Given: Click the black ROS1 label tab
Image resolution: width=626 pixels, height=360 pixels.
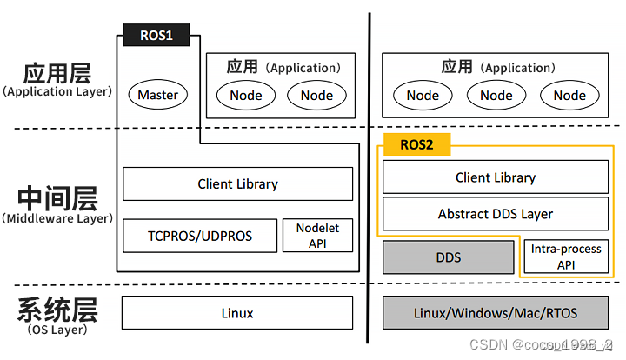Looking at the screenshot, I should click(x=158, y=36).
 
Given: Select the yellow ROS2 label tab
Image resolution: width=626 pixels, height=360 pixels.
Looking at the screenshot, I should click(x=416, y=144).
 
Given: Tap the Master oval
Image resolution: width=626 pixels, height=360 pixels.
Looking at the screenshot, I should click(x=158, y=95).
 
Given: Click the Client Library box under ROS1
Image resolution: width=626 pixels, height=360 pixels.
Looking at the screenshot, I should click(x=237, y=184).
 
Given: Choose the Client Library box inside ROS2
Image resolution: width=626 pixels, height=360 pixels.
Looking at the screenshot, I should click(x=496, y=177).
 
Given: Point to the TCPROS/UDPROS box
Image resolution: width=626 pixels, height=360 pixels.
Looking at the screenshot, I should click(x=199, y=236).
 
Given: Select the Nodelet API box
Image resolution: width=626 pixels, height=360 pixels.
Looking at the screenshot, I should click(x=317, y=236).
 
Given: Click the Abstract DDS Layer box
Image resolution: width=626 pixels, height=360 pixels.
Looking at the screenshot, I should click(x=496, y=214).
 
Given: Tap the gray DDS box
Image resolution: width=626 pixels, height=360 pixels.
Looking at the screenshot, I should click(x=448, y=257).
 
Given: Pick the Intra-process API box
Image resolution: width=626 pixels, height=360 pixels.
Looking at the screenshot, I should click(x=566, y=257).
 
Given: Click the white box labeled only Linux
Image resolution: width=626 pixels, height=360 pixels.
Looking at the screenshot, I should click(x=237, y=313).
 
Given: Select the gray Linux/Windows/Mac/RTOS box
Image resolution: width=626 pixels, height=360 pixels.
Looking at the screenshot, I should click(x=496, y=313).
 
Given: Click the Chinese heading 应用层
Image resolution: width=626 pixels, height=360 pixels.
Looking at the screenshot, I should click(x=57, y=72).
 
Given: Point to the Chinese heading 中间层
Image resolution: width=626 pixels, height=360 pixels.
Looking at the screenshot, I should click(x=57, y=197).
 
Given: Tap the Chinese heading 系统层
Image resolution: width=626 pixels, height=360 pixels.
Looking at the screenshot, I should click(x=57, y=309).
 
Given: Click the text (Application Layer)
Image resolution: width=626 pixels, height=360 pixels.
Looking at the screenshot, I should click(x=57, y=91).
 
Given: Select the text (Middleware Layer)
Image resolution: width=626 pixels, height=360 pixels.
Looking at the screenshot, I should click(x=57, y=218).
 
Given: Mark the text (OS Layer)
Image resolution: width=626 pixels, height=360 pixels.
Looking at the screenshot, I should click(x=57, y=330).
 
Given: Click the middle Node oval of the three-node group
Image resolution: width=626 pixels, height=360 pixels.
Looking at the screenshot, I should click(x=496, y=95).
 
